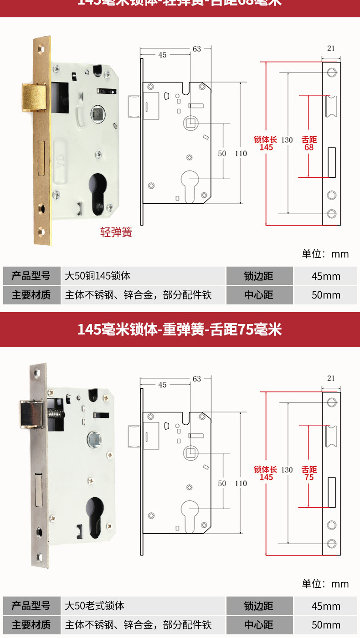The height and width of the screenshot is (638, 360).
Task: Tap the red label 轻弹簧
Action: pyautogui.click(x=116, y=232)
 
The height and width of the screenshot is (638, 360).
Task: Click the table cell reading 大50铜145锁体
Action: pyautogui.click(x=98, y=276)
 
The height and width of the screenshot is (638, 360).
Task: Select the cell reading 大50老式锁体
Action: pyautogui.click(x=95, y=606)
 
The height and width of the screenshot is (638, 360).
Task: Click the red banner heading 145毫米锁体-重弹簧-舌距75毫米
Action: pyautogui.click(x=180, y=329)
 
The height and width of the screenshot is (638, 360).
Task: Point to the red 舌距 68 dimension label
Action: pyautogui.click(x=309, y=144)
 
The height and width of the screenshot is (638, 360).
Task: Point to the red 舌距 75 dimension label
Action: pyautogui.click(x=309, y=473)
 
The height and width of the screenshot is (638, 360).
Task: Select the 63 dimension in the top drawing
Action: pyautogui.click(x=196, y=49)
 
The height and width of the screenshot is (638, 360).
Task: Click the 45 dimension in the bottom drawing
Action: pyautogui.click(x=162, y=385)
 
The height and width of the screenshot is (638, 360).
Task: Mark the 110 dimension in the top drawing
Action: pyautogui.click(x=241, y=154)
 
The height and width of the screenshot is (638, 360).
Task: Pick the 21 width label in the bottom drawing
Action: pyautogui.click(x=331, y=378)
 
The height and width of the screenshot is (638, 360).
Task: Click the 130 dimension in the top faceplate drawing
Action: pyautogui.click(x=287, y=140)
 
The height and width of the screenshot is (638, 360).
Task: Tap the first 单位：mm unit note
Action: pyautogui.click(x=325, y=254)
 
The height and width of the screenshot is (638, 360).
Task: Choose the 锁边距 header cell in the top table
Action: pyautogui.click(x=258, y=276)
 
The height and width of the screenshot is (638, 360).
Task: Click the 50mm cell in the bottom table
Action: pyautogui.click(x=326, y=625)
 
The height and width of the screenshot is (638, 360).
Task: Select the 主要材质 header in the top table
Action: pyautogui.click(x=31, y=295)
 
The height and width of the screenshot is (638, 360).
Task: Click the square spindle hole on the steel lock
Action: pyautogui.click(x=95, y=440)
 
